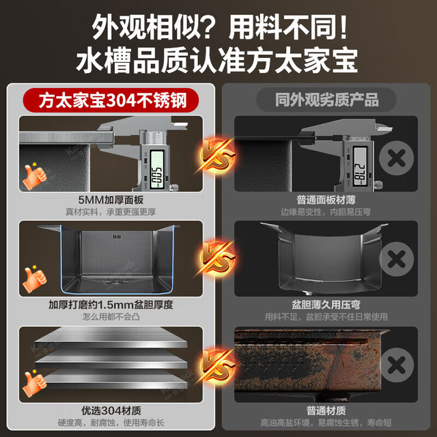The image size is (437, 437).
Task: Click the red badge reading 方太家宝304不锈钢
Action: click(x=111, y=100)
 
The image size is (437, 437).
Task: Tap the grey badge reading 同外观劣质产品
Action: click(x=326, y=100)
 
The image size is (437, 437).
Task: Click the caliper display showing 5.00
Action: click(x=156, y=169)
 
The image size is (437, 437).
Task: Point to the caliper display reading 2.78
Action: click(x=360, y=167)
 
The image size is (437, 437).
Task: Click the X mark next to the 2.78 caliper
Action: click(x=396, y=158)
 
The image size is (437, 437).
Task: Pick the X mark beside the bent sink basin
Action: click(x=396, y=259)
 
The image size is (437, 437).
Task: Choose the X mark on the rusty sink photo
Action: click(x=396, y=365)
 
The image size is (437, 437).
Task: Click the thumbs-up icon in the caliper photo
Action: click(x=34, y=175)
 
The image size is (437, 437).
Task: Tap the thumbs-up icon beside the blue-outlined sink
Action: click(x=34, y=279)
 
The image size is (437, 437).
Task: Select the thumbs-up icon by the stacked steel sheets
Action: click(x=34, y=383)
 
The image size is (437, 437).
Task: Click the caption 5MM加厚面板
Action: click(x=111, y=200)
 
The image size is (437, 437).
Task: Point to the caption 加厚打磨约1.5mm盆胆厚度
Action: click(x=111, y=305)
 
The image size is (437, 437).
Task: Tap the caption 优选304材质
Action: click(x=111, y=410)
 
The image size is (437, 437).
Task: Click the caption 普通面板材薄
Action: click(x=326, y=200)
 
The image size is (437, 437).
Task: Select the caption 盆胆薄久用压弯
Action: click(x=326, y=305)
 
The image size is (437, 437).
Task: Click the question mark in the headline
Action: click(x=210, y=28)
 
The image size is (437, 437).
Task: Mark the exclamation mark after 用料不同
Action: click(x=343, y=27)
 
